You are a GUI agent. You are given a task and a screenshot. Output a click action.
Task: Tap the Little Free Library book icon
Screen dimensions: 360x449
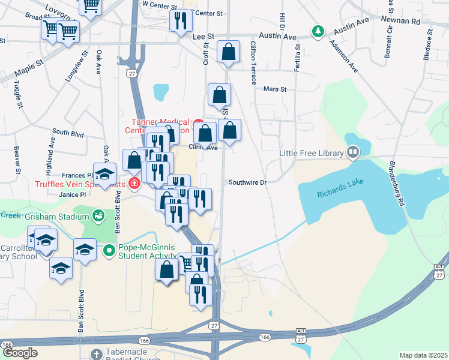click(x=352, y=153)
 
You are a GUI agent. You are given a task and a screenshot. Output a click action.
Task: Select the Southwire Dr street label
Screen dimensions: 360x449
click(x=246, y=182)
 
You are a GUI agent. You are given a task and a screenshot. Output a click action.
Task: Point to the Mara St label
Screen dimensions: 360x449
click(x=276, y=89)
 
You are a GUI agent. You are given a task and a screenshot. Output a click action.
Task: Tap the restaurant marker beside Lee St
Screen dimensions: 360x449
click(x=179, y=22)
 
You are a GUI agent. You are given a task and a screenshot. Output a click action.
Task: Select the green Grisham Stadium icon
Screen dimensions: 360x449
click(x=98, y=215)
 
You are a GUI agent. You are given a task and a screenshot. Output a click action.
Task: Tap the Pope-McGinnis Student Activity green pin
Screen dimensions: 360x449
click(x=109, y=250)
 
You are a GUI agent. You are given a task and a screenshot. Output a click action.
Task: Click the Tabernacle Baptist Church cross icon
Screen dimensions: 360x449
click(x=97, y=354)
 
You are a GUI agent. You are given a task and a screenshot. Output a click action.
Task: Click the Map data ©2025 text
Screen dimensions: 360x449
click(x=423, y=355)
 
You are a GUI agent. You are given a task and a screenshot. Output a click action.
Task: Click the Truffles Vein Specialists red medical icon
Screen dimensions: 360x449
click(x=134, y=183)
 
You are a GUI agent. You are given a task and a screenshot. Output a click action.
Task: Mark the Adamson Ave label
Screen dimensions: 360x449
click(x=343, y=57)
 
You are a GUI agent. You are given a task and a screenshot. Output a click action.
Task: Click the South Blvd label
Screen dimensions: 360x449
click(x=67, y=131)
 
